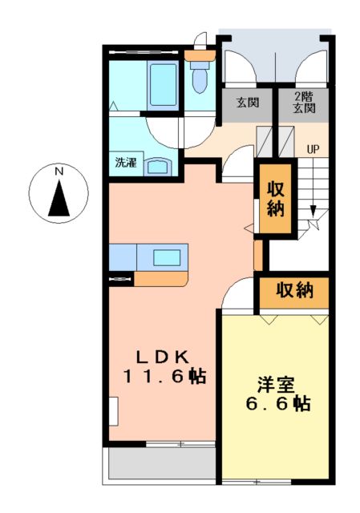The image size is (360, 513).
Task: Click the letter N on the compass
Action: coord(59,171)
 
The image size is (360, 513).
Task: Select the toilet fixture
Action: coord(200,79)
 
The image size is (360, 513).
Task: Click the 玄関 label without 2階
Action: coord(248,103)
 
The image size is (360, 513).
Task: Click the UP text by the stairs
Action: coord(313,148)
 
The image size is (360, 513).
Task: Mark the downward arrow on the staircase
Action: coord(313,212)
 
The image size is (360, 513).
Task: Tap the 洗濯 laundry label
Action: coord(125,162)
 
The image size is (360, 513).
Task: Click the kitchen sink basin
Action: coord(168,257)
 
